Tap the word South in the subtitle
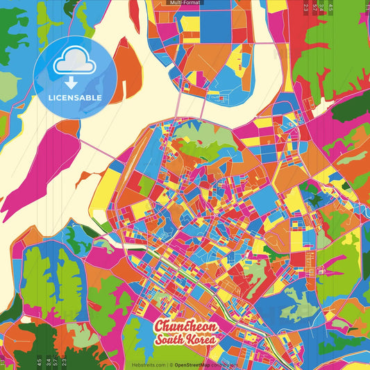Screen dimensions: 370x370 pyautogui.click(x=170, y=340)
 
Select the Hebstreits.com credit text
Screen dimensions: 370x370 pyautogui.click(x=148, y=364)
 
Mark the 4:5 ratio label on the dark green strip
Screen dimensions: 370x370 pyautogui.click(x=331, y=8)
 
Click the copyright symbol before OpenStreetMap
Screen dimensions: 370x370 pyautogui.click(x=171, y=364)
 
